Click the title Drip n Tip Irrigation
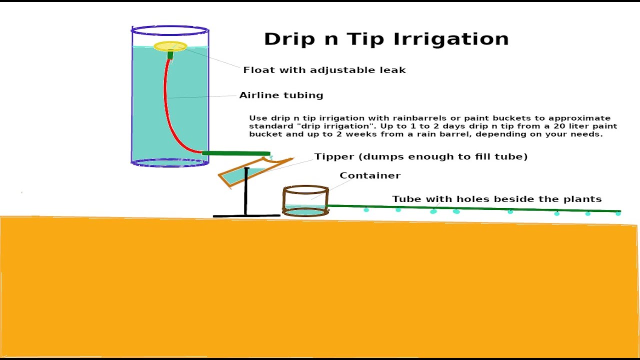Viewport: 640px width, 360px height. tap(386, 39)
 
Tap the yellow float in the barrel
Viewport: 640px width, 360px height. tap(170, 46)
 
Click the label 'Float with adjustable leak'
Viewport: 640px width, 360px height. tap(324, 70)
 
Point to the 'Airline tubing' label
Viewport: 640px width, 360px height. tap(281, 95)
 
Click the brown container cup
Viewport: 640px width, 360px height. tap(305, 201)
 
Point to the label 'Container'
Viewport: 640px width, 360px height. tap(370, 175)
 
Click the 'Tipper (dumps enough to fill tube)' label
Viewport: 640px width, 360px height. tap(421, 156)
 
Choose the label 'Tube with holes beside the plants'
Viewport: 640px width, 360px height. tap(496, 199)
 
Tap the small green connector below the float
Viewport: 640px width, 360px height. tap(170, 55)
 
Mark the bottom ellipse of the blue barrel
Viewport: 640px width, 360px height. tap(170, 162)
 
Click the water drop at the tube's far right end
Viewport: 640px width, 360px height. tap(618, 213)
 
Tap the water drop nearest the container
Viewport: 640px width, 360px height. tap(366, 210)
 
